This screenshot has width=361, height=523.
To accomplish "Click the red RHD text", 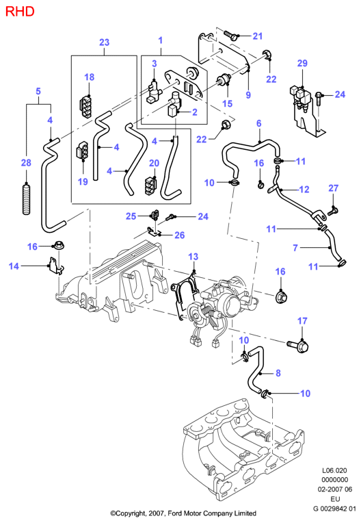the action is (20, 12).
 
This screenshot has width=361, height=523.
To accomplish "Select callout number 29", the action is (302, 63).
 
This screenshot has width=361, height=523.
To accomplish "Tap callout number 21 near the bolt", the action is (258, 36).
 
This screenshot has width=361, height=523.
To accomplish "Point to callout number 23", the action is (104, 42).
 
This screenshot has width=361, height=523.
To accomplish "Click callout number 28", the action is (26, 163).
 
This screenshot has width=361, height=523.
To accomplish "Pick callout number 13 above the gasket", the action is (193, 257).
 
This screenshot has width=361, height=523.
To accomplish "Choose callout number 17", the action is (302, 321).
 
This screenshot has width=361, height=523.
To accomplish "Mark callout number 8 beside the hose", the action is (278, 373).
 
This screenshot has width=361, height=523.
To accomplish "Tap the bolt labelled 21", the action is (230, 35).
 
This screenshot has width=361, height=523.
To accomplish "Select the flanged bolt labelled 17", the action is (298, 346).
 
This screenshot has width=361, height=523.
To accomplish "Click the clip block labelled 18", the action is (85, 107).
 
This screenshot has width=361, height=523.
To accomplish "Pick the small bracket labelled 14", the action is (56, 266).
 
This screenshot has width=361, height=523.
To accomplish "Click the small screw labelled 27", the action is (333, 211).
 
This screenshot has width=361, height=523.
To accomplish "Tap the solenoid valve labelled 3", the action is (154, 92).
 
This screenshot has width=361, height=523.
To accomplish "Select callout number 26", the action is (180, 235).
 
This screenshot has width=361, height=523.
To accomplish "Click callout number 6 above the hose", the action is (258, 123).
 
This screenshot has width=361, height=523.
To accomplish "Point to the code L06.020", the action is (334, 471).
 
